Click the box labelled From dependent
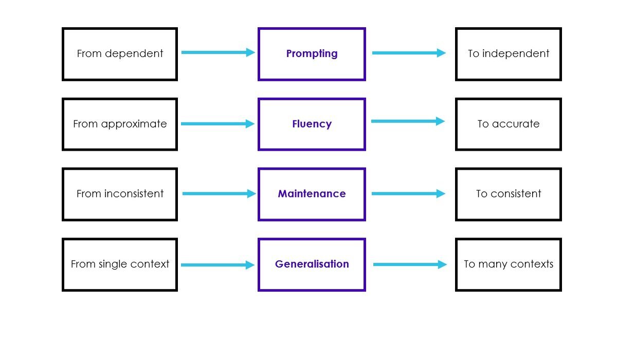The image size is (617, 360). coord(120,54)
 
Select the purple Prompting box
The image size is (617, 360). coord(312,54)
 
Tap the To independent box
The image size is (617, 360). coord(508,54)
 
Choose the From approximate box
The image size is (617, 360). coord(120,124)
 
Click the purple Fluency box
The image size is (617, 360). coord(312,124)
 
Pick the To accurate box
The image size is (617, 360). coord(508,124)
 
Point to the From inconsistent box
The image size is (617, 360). coord(120,194)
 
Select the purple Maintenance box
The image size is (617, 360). coord(312,194)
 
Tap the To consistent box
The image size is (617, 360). coord(508,194)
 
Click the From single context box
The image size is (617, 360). coord(120,265)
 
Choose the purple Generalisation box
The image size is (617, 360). coord(312,265)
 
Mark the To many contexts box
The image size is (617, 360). coord(508,265)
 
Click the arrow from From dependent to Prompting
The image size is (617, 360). coord(218,52)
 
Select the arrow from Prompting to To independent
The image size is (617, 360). coord(409,53)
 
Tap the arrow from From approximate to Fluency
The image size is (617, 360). coord(218,124)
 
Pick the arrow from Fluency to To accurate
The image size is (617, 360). coord(408,121)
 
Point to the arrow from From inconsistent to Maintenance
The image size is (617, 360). coord(219,194)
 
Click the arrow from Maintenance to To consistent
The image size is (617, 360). coord(408,194)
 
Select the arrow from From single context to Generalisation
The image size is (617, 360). coord(218,265)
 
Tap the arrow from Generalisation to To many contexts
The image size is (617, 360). coord(410,265)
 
